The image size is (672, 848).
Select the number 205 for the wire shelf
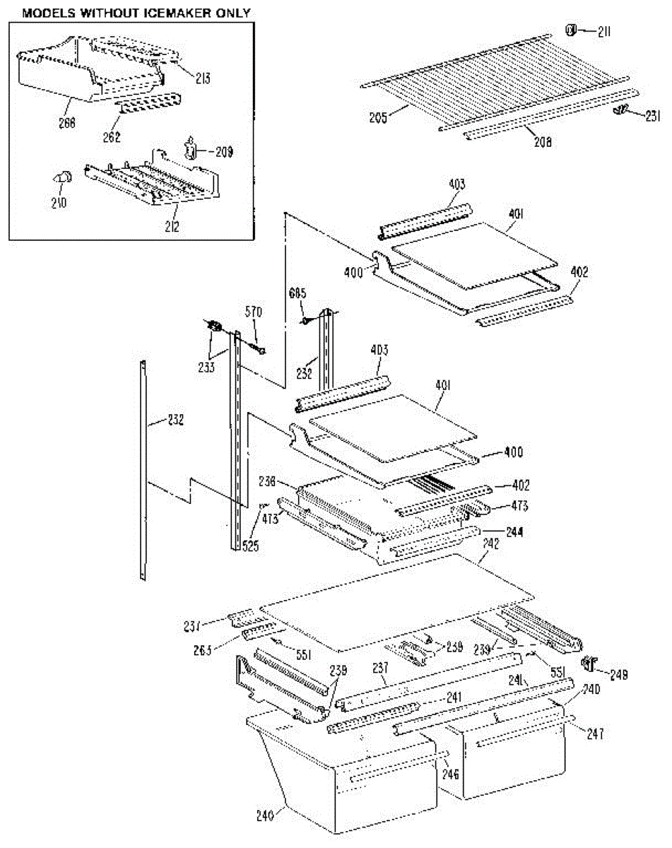(x=379, y=117)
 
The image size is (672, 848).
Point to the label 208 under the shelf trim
(x=543, y=141)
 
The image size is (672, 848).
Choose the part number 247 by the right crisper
(x=596, y=734)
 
